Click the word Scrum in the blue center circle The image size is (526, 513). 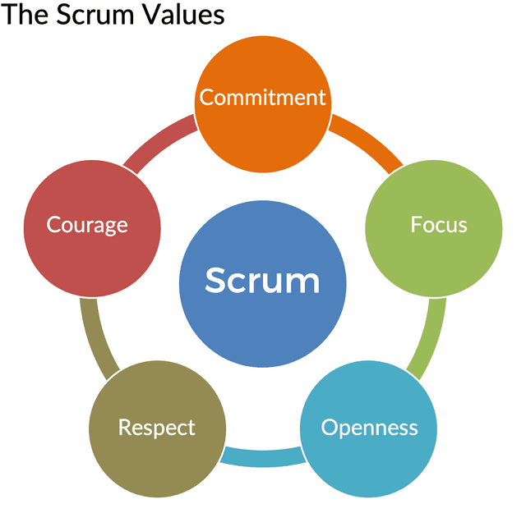pos(262,281)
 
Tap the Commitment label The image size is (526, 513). pos(263,98)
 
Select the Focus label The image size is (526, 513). pos(439,224)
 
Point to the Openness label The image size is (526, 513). pos(369,428)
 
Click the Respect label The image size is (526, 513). pos(157,428)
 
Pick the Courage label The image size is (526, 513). pos(87,224)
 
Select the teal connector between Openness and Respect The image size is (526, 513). pos(262,456)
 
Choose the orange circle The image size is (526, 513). pos(263,131)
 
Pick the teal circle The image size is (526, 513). pos(369,460)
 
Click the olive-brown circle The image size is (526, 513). pos(157,460)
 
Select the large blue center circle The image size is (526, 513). pos(262,316)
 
